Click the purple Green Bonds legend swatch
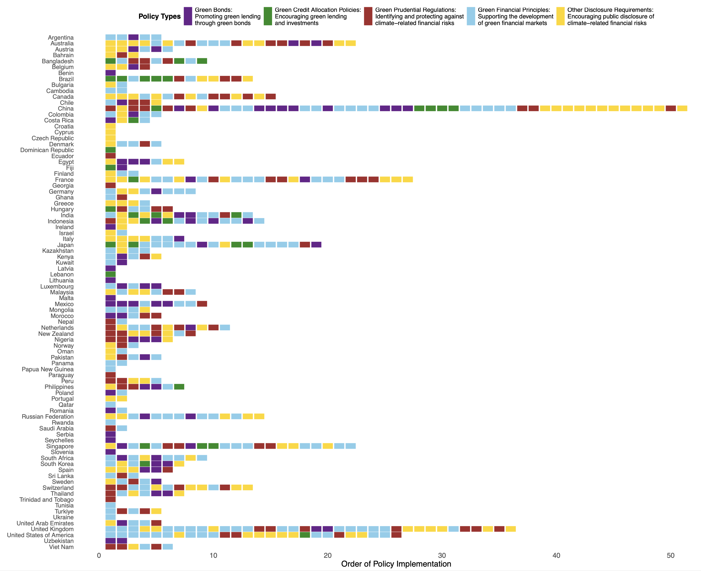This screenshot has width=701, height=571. [188, 17]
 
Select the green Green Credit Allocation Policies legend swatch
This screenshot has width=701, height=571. [268, 17]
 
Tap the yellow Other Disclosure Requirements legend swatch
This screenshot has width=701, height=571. [560, 17]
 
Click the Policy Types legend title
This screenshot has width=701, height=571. [159, 17]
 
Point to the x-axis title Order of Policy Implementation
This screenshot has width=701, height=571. [396, 564]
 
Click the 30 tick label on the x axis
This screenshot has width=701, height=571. [442, 556]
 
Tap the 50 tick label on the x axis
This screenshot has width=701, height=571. [670, 556]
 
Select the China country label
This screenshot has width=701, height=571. [66, 109]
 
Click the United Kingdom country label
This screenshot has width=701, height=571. [52, 529]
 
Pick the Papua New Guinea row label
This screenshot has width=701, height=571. [47, 369]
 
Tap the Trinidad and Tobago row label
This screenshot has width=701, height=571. [47, 499]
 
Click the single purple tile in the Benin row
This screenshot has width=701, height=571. [110, 73]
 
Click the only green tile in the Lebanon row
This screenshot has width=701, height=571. [110, 274]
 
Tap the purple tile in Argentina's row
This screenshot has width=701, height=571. [133, 37]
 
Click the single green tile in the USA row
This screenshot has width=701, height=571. [305, 535]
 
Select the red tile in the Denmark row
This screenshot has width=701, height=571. [145, 144]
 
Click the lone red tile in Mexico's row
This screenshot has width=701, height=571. [202, 304]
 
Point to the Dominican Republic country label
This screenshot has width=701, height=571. [47, 150]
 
